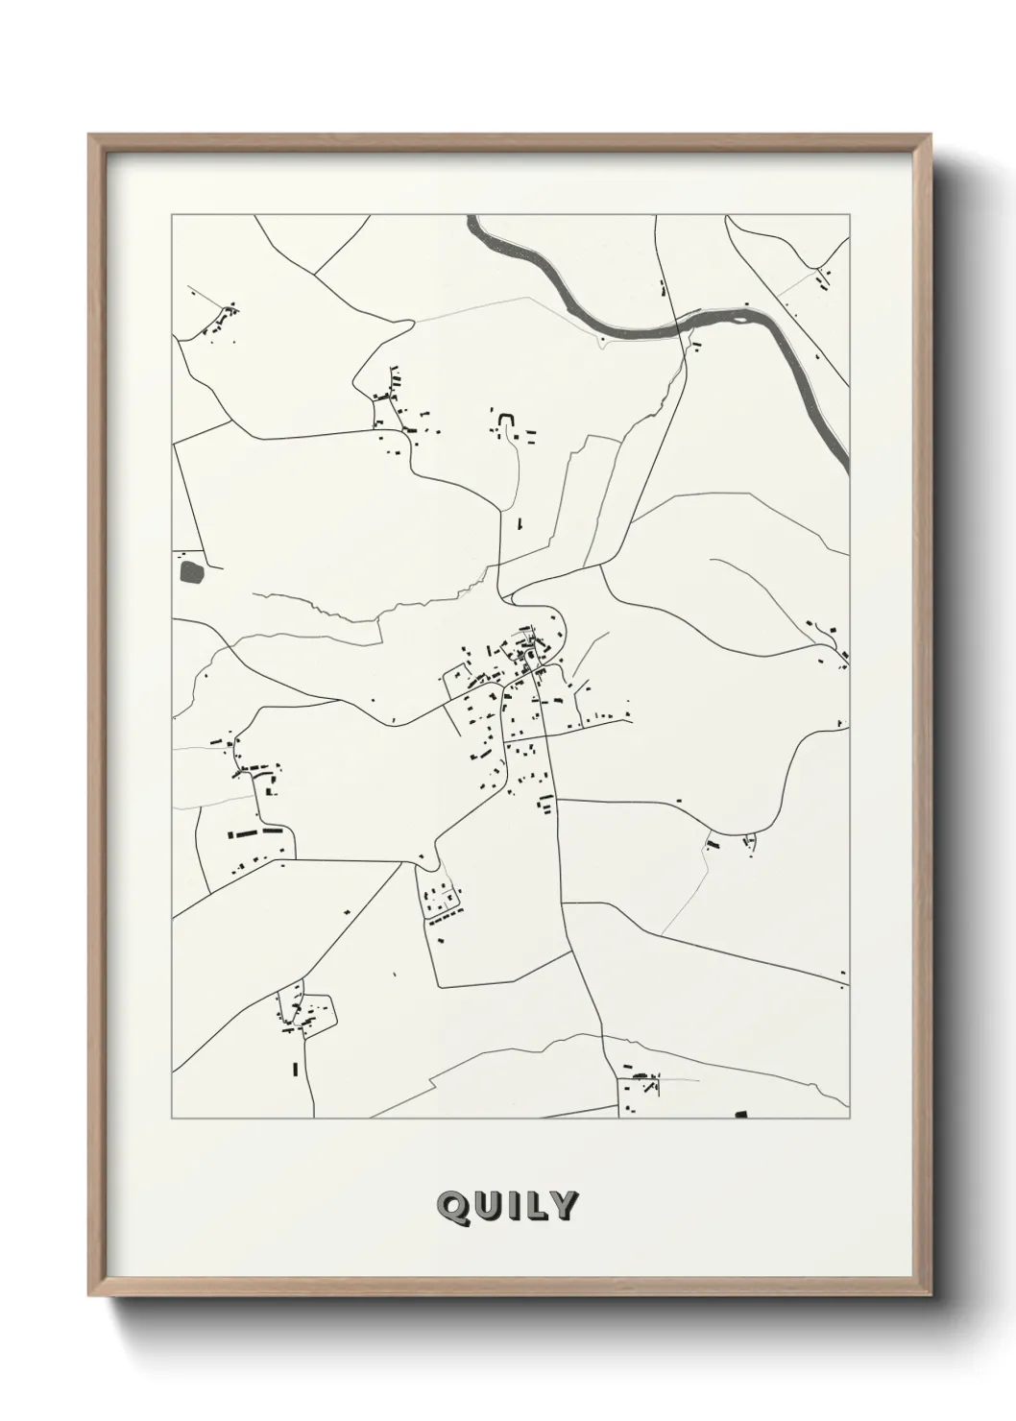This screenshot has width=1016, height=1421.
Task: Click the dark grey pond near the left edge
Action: (192, 572)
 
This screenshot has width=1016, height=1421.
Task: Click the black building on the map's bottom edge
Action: (739, 1115)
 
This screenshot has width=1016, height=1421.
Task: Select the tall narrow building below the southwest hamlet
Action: (295, 1068)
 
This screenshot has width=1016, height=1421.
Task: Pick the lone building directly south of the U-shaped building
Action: (519, 524)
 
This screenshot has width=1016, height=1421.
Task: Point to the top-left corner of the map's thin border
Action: (172, 215)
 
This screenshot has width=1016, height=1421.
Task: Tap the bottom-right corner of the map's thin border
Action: (849, 1119)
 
